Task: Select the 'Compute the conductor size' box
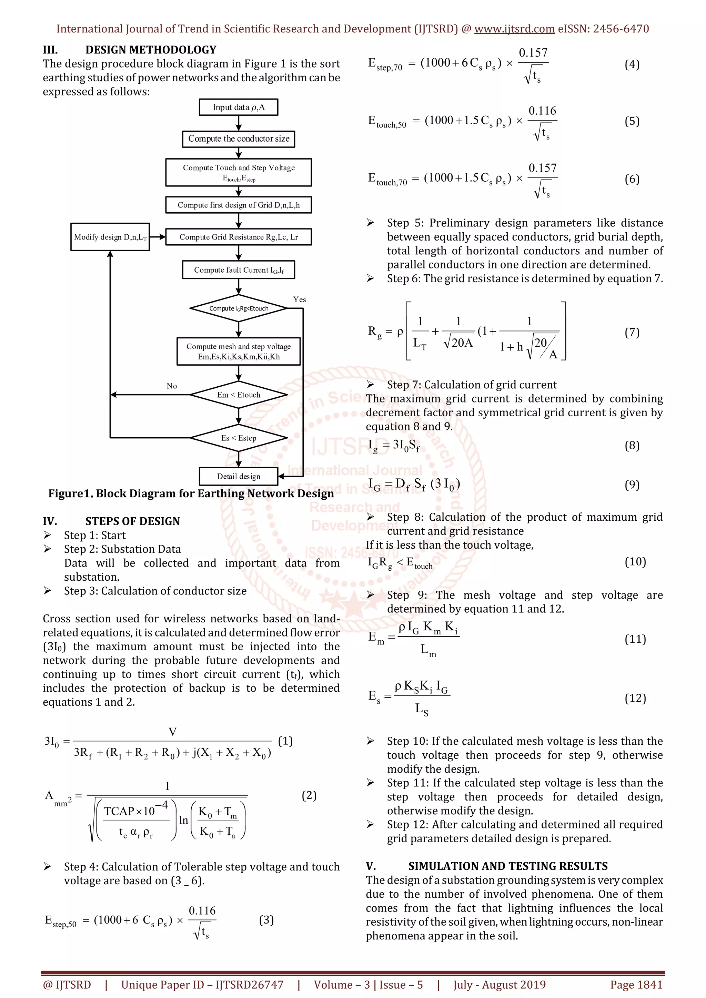[238, 139]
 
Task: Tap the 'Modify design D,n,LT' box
[110, 237]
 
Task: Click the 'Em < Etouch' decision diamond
[238, 395]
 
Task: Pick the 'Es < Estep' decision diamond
[238, 438]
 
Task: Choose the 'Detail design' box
[238, 476]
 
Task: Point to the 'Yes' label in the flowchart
[300, 299]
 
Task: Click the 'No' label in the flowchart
[172, 386]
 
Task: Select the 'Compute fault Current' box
[238, 270]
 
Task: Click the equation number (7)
[632, 333]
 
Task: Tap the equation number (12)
[635, 698]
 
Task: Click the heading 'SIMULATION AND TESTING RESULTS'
[507, 866]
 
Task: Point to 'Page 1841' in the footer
[636, 985]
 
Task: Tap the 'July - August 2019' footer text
[499, 985]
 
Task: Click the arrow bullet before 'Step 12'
[370, 824]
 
